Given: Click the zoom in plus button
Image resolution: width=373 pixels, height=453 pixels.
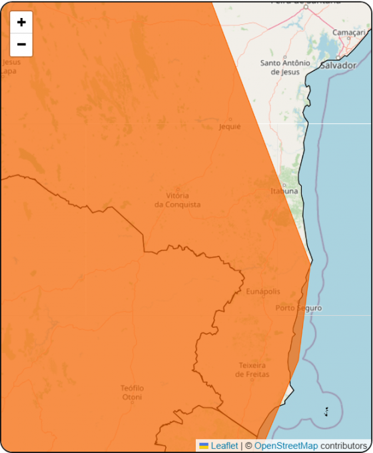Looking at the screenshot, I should pyautogui.click(x=21, y=22).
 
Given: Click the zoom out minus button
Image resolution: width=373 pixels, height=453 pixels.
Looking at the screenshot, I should pyautogui.click(x=21, y=45).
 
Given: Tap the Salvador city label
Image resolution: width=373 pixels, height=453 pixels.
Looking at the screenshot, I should pyautogui.click(x=338, y=65).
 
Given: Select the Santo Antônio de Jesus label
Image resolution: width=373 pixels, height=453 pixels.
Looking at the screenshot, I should pyautogui.click(x=284, y=67).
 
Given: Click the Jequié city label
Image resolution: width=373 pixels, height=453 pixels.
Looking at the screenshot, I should pyautogui.click(x=229, y=127).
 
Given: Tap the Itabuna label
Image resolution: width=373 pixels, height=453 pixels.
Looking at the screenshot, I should pyautogui.click(x=284, y=191).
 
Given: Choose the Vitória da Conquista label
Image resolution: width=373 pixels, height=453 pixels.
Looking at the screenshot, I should pyautogui.click(x=177, y=200).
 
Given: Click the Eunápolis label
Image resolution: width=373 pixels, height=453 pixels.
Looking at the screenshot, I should pyautogui.click(x=263, y=292).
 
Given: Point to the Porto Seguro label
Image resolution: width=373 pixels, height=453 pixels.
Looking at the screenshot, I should pyautogui.click(x=298, y=308).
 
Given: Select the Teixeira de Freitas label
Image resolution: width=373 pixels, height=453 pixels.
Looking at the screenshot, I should pyautogui.click(x=252, y=370).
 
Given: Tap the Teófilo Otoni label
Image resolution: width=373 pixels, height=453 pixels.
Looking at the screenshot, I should pyautogui.click(x=132, y=393).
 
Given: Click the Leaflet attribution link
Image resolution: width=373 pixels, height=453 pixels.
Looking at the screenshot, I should pyautogui.click(x=224, y=446).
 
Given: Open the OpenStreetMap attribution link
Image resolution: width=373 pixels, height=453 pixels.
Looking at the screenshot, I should pyautogui.click(x=286, y=446).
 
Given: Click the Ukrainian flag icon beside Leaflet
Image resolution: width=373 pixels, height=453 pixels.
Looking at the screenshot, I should pyautogui.click(x=204, y=446).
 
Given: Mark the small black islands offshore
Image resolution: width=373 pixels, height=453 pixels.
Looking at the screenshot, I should pyautogui.click(x=326, y=412).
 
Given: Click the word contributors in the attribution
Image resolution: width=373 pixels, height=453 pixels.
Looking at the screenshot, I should pyautogui.click(x=344, y=446).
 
